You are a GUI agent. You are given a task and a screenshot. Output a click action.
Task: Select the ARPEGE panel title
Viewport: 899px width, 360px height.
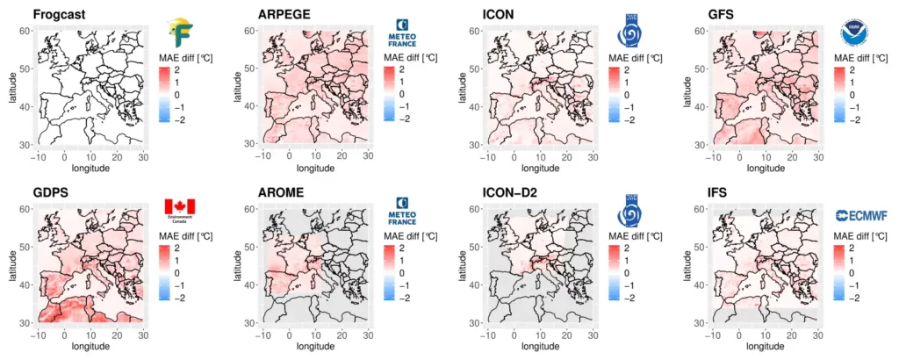[x=284, y=15]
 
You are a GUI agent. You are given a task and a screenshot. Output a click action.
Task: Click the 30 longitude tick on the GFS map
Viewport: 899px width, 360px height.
[x=818, y=155]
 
